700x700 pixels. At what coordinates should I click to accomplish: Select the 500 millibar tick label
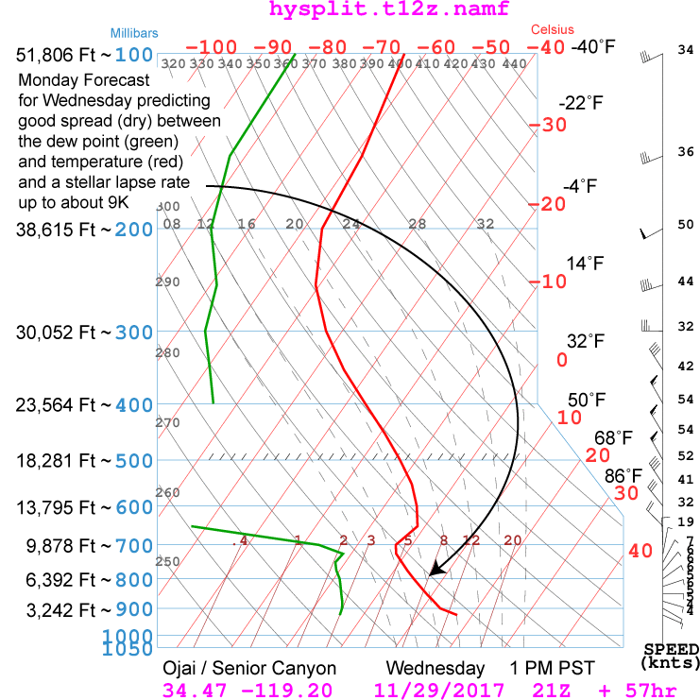coord(134,461)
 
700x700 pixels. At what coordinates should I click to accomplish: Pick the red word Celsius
coord(553,30)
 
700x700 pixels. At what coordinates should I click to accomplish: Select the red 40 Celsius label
coord(640,551)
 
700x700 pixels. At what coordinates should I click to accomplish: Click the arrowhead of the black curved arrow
coord(435,569)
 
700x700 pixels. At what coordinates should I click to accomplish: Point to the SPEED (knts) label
coord(672,656)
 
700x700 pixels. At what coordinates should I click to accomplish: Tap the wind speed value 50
coord(686,225)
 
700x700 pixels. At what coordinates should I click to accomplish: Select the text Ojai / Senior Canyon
coord(249,668)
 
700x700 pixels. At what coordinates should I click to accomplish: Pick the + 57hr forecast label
coord(639,691)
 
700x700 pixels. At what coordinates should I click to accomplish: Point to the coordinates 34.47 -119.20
coord(248,691)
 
